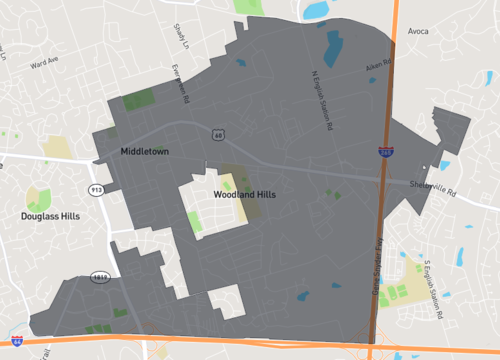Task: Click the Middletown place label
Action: (145, 151)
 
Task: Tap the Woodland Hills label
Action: (245, 194)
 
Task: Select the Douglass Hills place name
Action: (53, 215)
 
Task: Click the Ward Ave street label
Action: (46, 66)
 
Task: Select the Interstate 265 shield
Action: (386, 151)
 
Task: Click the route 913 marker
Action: (97, 188)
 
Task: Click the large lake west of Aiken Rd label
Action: (331, 45)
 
